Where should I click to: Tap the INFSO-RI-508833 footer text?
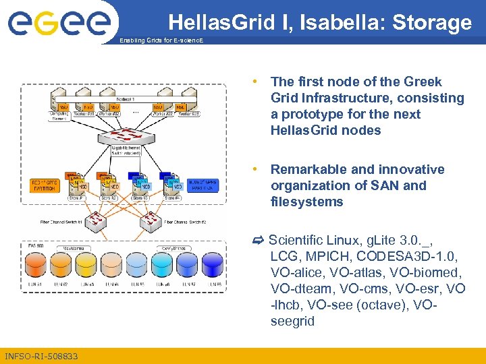point(41,356)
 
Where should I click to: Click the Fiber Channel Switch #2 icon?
point(155,222)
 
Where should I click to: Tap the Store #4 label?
point(175,198)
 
